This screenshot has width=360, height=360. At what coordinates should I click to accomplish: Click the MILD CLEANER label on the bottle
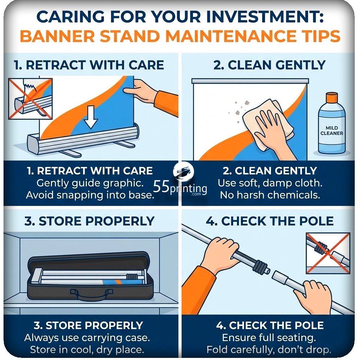(x=332, y=130)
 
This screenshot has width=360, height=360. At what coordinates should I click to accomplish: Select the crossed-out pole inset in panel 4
(x=328, y=253)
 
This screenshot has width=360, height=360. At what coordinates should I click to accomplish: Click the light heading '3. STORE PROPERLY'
(x=89, y=221)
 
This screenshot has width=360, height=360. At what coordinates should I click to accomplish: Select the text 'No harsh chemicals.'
(x=270, y=195)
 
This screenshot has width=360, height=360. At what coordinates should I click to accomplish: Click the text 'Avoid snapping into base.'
(x=90, y=195)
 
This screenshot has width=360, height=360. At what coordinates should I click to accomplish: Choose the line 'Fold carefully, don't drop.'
(x=269, y=350)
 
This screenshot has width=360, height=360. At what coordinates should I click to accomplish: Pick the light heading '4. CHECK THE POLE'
(x=270, y=221)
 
